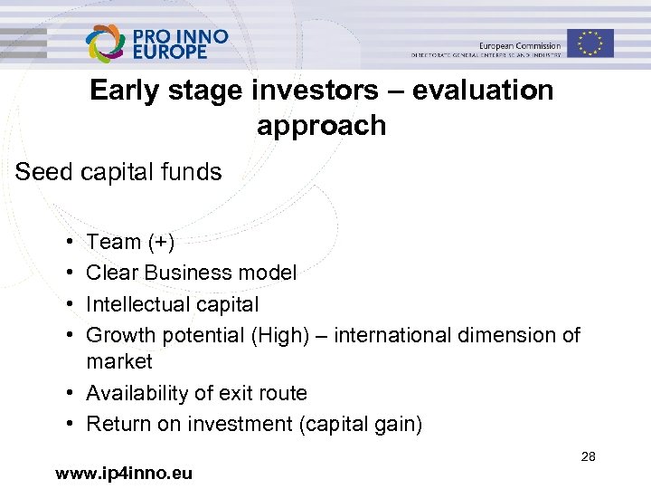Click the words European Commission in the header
coord(520,45)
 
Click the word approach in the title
coord(321,125)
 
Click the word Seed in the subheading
coord(40,172)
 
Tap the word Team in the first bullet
coord(113,242)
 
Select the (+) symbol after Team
coord(161,242)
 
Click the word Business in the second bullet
coord(187,273)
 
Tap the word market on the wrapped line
coord(119,362)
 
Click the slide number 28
coord(588,457)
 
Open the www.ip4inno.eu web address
coord(124,473)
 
